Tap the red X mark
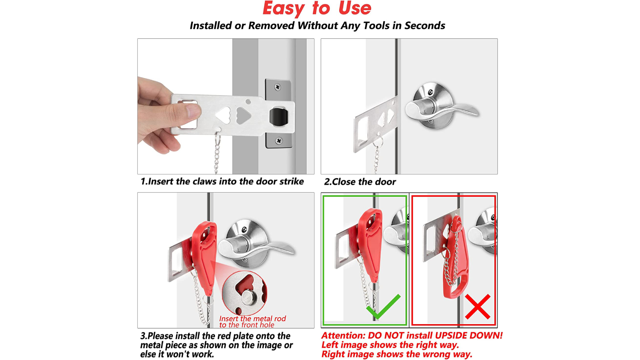pos(478,307)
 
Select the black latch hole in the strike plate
pos(279,116)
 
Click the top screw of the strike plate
pos(277,87)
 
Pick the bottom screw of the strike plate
pos(279,141)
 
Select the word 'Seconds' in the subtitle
pos(425,26)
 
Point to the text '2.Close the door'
pos(360,182)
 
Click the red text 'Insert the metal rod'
pos(252,319)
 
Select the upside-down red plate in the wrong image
pos(456,257)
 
